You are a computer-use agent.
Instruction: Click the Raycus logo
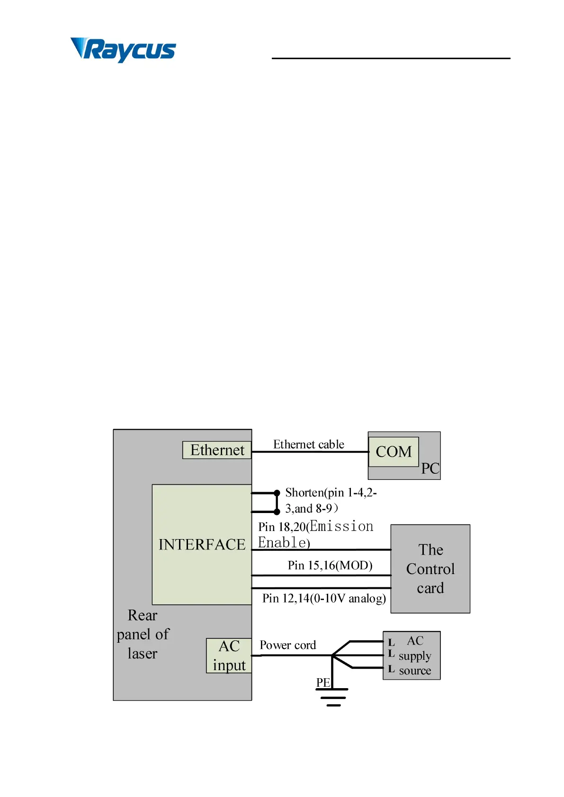click(x=123, y=49)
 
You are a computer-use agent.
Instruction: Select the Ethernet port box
click(x=217, y=450)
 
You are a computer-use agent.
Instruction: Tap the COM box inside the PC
click(x=394, y=452)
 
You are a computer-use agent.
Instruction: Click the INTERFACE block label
click(x=202, y=544)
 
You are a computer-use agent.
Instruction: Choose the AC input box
click(x=229, y=655)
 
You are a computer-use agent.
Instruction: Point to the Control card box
click(x=430, y=568)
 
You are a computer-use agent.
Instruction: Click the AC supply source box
click(x=412, y=655)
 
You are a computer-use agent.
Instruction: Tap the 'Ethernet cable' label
click(x=308, y=444)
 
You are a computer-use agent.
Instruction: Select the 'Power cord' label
click(x=287, y=645)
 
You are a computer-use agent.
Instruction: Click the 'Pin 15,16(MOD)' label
click(x=330, y=565)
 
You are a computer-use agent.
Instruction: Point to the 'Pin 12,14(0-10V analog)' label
click(x=324, y=598)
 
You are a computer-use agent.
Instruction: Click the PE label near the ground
click(x=323, y=682)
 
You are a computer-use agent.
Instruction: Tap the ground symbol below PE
click(x=333, y=697)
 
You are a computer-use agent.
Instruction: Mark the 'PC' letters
click(x=430, y=469)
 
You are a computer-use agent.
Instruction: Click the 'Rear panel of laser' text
click(x=143, y=634)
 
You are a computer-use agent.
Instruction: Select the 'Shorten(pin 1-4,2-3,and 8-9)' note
click(x=331, y=500)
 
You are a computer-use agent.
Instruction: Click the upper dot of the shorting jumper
click(x=277, y=493)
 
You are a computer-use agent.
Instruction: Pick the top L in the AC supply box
click(x=391, y=643)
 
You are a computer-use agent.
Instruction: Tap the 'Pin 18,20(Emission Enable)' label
click(x=316, y=534)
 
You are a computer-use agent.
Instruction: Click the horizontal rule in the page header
click(x=391, y=58)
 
